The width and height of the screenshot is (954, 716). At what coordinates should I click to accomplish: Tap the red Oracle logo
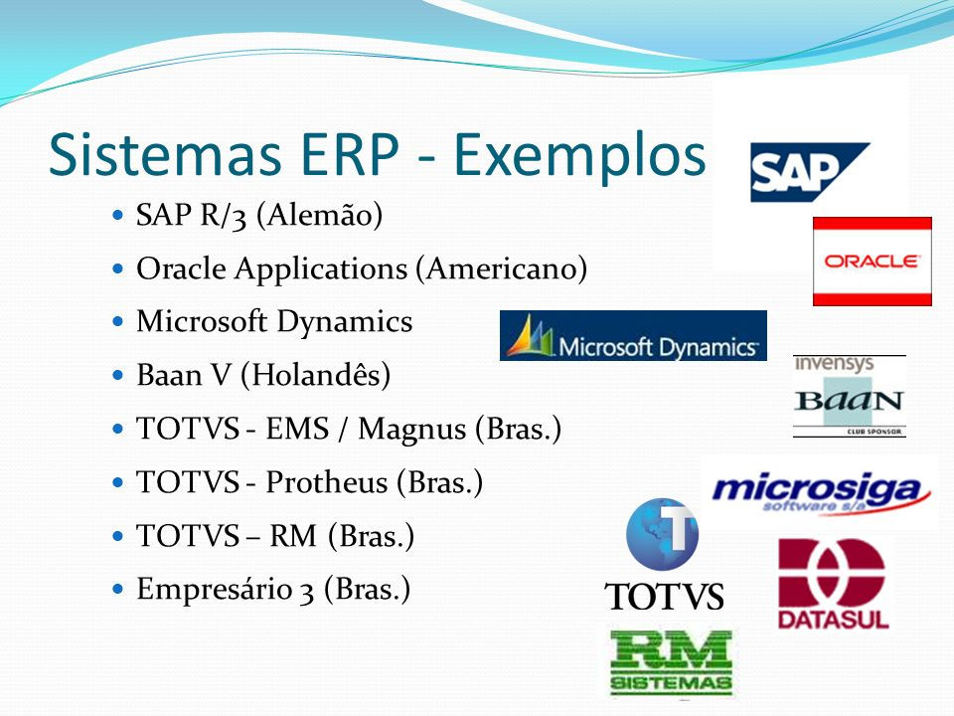pos(872,262)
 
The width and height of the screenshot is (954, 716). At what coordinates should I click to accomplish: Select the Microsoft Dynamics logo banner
pos(633,335)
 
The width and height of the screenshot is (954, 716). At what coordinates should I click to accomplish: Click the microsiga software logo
pos(821,492)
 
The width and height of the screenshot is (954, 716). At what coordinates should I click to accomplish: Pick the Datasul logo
pos(833,584)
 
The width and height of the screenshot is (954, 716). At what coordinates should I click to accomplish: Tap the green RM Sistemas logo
pos(671,663)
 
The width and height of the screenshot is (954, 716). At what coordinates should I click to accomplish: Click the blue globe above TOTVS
pos(662,535)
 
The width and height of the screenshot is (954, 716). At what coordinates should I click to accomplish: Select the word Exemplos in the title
pos(579,156)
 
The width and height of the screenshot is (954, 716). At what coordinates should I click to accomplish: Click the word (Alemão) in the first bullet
pos(319,215)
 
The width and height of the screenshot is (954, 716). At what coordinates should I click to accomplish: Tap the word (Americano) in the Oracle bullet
pos(501,268)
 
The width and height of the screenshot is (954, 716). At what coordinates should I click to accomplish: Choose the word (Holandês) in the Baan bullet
pos(316,375)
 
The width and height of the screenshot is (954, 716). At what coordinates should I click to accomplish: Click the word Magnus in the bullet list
pos(411,430)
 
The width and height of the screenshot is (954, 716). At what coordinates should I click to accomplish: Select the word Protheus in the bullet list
pos(327,482)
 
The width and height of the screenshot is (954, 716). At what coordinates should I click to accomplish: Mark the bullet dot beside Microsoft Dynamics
pos(118,321)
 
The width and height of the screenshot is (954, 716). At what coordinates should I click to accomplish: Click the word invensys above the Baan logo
pos(834,364)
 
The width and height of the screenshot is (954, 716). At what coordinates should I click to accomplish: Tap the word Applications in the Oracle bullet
pos(321,269)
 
